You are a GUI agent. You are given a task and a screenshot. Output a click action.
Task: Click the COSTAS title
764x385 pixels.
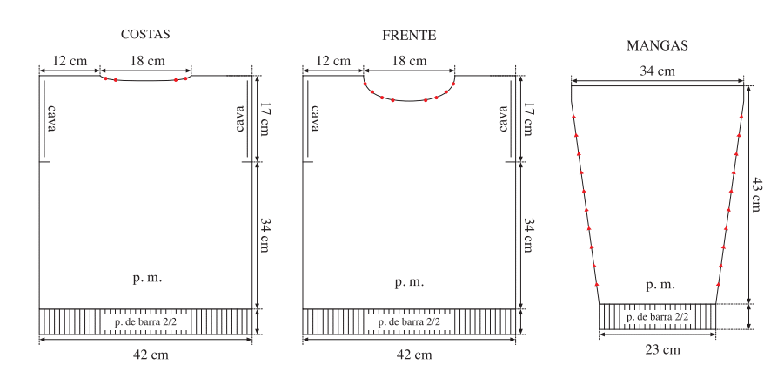coord(145,34)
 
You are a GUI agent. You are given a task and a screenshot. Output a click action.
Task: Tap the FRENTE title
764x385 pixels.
coord(409,36)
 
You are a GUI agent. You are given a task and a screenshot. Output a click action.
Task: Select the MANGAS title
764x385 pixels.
coord(657,45)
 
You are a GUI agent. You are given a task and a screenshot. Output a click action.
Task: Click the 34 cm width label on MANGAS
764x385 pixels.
coord(657,71)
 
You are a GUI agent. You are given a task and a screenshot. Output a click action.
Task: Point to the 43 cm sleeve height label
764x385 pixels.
coord(755,194)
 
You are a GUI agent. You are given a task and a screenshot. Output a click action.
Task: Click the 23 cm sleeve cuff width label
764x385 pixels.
coord(662,350)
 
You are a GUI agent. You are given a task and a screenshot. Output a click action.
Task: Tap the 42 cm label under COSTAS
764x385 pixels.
coord(151,355)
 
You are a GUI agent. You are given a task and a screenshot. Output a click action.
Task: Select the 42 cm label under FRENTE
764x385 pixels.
coord(414,355)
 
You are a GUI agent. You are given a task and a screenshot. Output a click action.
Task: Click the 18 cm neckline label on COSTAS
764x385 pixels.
coord(147,61)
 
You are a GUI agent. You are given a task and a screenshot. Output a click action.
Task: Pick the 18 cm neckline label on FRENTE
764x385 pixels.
coord(409,61)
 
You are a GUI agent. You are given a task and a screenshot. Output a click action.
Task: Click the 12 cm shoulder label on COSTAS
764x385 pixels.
coord(70,61)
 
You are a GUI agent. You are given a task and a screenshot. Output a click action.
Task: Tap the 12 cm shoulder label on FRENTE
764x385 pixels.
coord(332,61)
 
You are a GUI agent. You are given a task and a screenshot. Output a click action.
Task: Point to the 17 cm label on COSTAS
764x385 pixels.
coord(264,118)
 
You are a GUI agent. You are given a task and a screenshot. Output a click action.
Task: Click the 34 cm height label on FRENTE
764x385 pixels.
coord(528,235)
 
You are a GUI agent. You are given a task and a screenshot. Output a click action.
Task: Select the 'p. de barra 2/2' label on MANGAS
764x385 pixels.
coord(657,317)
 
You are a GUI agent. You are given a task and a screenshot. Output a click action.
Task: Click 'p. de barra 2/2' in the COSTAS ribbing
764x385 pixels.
coord(145,322)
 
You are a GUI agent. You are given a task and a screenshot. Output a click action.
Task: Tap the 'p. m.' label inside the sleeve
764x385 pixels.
coord(660,285)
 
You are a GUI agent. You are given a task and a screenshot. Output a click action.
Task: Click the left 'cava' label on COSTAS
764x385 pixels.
coord(51,118)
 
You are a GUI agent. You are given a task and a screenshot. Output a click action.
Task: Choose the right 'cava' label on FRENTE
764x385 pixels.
coord(504,118)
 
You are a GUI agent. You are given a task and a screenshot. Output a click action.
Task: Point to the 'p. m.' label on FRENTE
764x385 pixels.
coord(409,282)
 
